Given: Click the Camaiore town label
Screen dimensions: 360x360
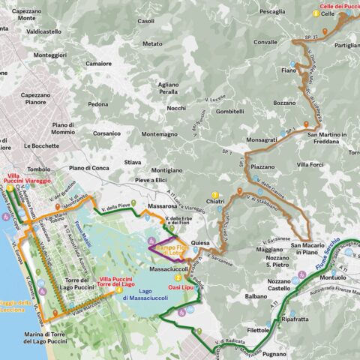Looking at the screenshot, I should pos(98,64).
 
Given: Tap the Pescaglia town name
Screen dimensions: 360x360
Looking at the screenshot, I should pos(271,12).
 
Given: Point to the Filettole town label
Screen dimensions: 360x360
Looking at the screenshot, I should pos(258,330).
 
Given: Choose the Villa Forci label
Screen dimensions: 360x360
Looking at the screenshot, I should pos(310,164).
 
